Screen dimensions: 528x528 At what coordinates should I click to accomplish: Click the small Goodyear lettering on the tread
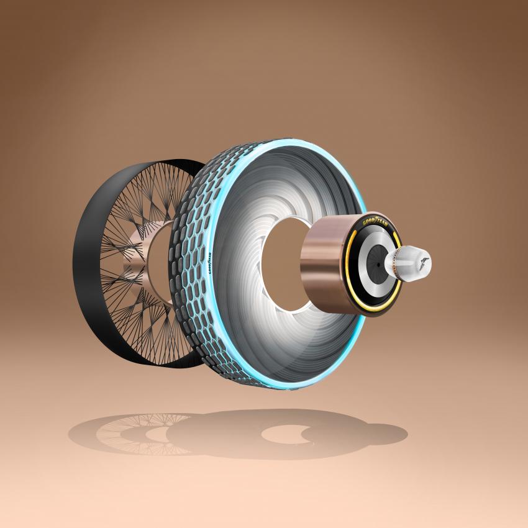pyautogui.click(x=210, y=260)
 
